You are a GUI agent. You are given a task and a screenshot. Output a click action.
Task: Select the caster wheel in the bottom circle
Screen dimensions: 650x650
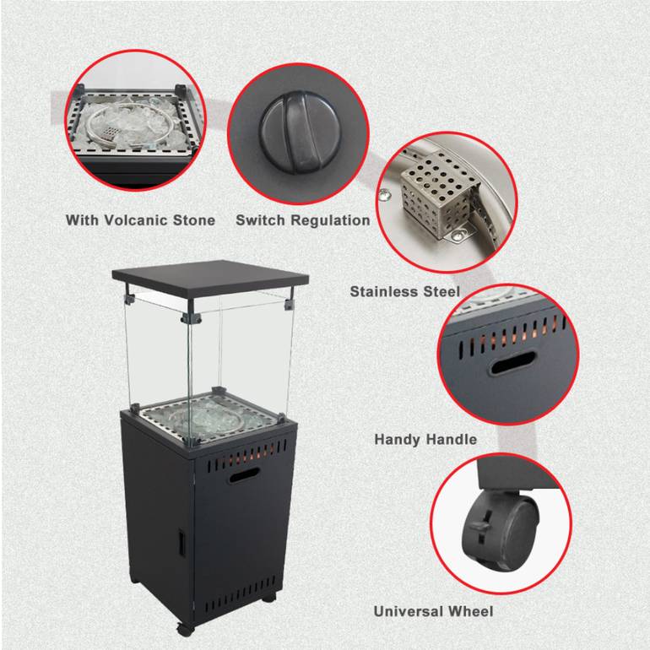pos(502,529)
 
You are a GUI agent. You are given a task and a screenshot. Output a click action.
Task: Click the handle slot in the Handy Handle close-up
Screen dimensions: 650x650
pos(513,363)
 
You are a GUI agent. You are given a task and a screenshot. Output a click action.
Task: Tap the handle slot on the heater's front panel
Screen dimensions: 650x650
pos(245,475)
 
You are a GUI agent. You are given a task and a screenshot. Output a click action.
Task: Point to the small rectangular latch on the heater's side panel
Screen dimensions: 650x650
pos(182,543)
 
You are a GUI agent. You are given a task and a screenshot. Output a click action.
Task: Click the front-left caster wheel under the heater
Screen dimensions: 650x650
pos(186,629)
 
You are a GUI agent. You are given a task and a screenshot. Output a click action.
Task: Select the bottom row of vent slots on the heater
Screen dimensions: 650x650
pos(239,595)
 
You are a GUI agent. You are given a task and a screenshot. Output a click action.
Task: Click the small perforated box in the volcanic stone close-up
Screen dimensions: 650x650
pos(110,133)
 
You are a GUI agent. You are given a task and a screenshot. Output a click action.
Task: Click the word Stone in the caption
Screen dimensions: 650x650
pos(194,220)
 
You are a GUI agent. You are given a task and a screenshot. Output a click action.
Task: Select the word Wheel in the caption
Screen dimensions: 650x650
pos(471,611)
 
